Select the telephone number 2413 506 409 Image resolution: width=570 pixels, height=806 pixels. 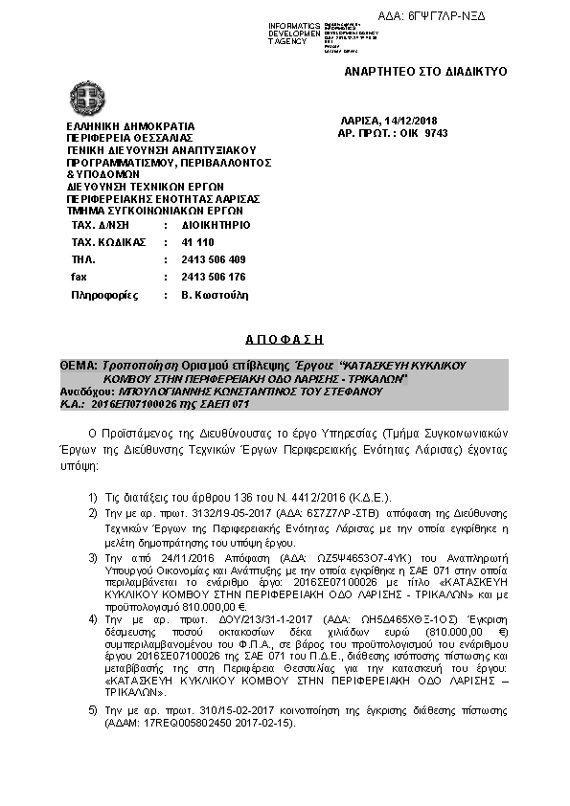[213, 259]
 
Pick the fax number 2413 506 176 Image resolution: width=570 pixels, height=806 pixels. [213, 277]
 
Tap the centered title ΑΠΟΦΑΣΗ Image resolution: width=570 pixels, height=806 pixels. [285, 339]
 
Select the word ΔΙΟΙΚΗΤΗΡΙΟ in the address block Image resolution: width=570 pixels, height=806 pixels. [216, 225]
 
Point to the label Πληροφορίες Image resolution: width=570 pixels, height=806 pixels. [102, 295]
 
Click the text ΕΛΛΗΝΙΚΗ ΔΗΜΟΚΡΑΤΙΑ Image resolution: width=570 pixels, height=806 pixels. [130, 125]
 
